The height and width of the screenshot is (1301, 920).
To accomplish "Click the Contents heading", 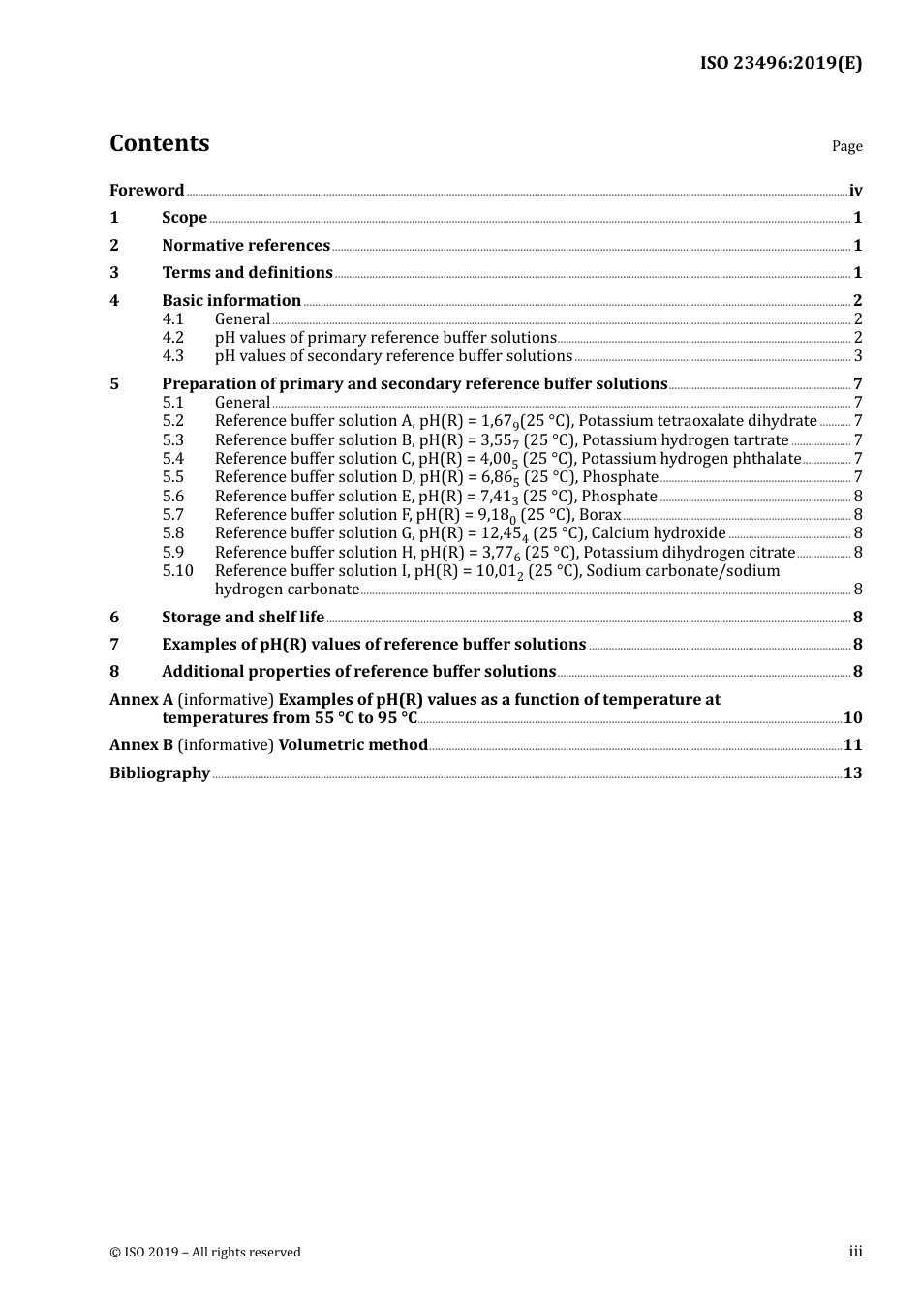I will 159,143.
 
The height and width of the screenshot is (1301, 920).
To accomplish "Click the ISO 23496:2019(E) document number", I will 781,64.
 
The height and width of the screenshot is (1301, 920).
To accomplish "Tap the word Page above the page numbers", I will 846,146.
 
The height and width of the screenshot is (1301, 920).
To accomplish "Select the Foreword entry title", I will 146,191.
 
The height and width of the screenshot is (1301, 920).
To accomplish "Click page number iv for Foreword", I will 855,191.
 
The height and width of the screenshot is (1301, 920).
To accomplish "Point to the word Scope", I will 184,218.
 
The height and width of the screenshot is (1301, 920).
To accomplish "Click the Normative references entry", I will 246,246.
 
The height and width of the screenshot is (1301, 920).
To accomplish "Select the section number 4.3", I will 172,356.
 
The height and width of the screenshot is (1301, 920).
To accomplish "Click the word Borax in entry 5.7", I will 599,515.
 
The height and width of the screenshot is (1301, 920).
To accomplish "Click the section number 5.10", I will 177,571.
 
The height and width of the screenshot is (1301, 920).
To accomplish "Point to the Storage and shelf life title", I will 243,618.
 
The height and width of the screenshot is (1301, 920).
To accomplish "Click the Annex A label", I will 141,700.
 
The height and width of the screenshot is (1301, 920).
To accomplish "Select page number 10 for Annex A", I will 852,718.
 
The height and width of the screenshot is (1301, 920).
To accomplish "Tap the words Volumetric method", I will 353,745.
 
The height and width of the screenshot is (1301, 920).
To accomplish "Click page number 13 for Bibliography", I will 852,773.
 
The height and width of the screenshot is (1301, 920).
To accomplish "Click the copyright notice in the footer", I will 205,1253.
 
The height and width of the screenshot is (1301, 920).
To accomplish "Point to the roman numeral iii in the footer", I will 855,1252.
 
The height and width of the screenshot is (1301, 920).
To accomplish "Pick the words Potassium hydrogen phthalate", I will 690,459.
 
